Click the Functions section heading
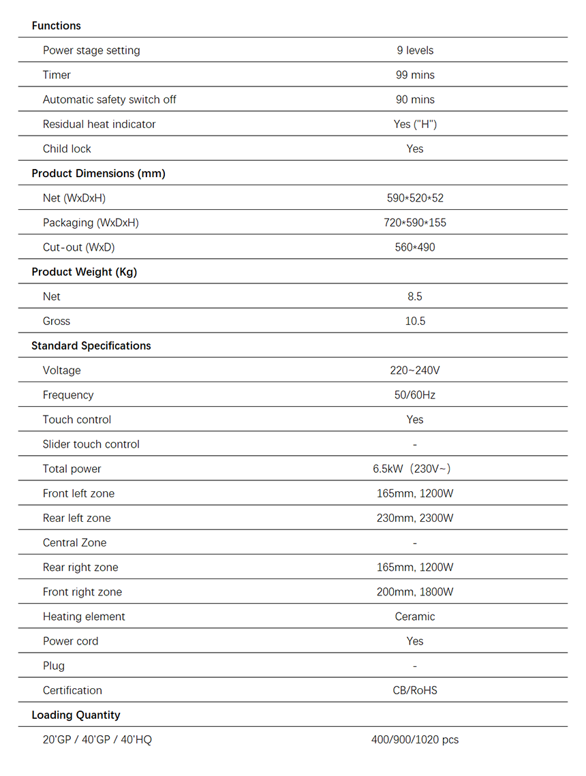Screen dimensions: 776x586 tap(56, 26)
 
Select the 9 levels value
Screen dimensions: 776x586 tap(415, 50)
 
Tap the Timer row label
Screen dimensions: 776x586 tap(57, 75)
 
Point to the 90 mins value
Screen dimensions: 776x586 tap(415, 99)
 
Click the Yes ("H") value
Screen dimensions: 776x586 tap(415, 124)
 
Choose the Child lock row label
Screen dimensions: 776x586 tap(67, 149)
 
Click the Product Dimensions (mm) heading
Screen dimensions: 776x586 tap(98, 173)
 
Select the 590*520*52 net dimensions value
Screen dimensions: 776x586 tap(415, 198)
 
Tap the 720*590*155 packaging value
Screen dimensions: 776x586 tap(415, 223)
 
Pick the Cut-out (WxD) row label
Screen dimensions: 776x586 tap(78, 247)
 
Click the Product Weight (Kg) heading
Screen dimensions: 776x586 tap(84, 272)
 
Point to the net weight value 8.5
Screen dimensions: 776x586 tap(415, 296)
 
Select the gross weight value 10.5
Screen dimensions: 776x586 tap(415, 321)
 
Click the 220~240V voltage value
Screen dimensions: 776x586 tap(415, 371)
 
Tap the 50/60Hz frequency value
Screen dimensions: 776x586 tap(415, 395)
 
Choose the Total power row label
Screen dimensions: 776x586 tap(72, 469)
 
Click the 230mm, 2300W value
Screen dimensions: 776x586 tap(415, 518)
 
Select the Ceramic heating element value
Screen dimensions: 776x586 tap(415, 617)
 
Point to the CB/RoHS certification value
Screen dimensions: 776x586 tap(415, 690)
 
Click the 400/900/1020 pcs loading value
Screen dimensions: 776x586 tap(415, 739)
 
